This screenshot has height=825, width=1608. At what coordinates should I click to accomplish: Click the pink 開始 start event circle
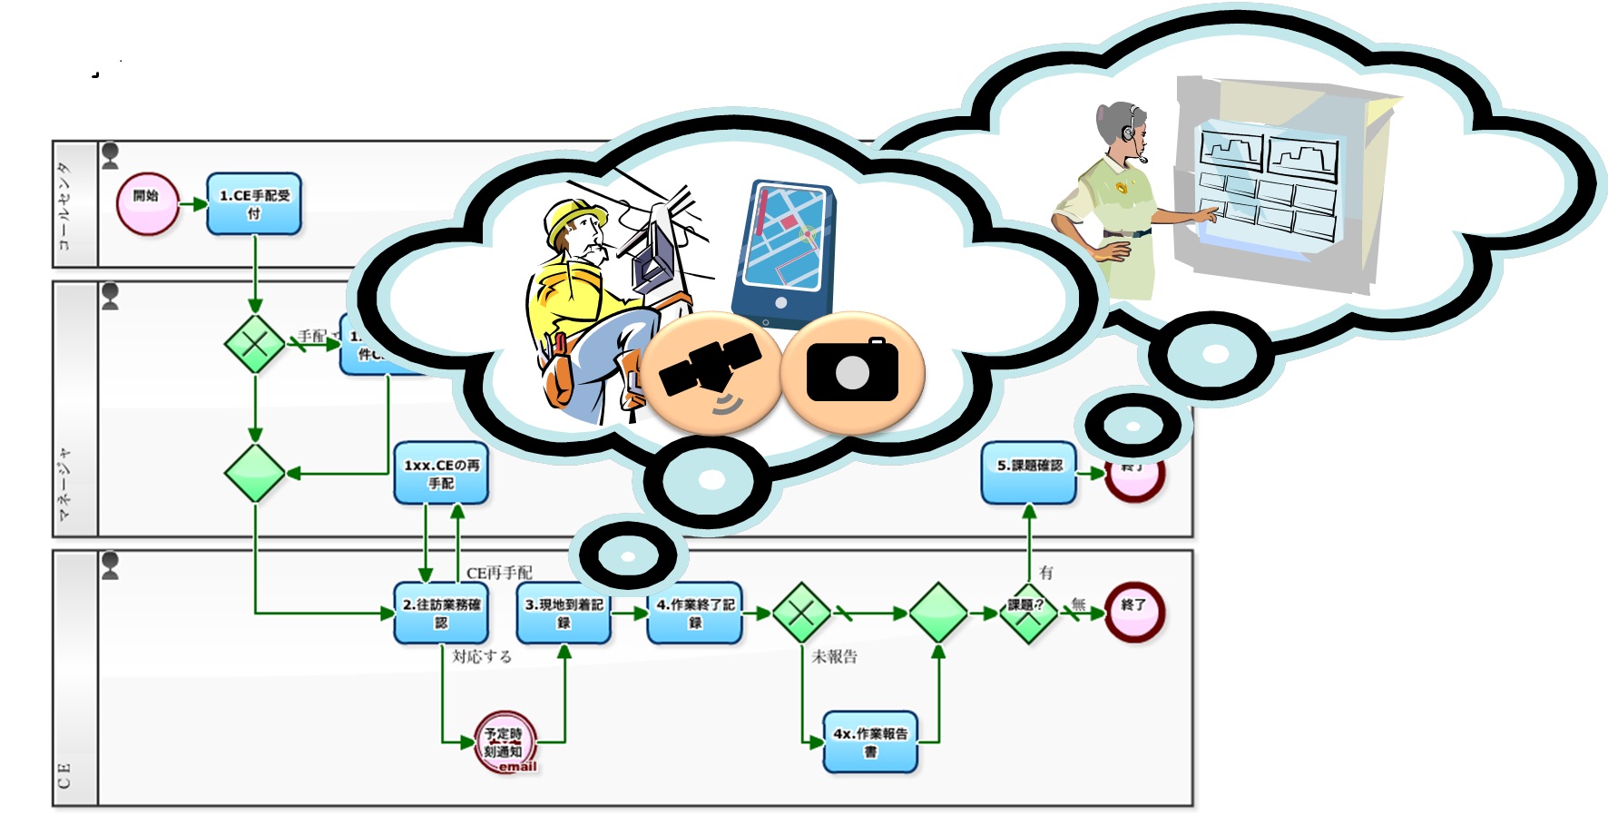[146, 203]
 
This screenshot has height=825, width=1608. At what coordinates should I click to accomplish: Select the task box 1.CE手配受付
[254, 204]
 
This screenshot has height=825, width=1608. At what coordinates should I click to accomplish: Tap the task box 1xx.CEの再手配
[441, 474]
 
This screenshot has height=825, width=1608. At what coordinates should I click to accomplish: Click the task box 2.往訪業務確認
[441, 614]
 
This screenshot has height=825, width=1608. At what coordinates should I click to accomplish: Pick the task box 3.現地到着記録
[564, 614]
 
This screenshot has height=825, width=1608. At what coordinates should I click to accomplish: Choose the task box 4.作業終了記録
[695, 614]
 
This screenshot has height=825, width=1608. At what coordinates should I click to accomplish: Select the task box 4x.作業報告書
[870, 742]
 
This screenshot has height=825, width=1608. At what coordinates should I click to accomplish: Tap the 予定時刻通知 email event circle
[505, 742]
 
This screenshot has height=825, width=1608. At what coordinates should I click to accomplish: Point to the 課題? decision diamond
[1027, 614]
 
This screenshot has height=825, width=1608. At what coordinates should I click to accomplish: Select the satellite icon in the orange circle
[711, 372]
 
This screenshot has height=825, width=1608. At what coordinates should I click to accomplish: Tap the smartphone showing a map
[783, 250]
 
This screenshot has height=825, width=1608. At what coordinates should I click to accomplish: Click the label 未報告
[834, 656]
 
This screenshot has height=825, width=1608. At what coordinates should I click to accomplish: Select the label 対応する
[482, 656]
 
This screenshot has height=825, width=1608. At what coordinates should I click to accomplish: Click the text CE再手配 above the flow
[499, 573]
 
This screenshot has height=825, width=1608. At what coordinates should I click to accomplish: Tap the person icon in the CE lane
[111, 565]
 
